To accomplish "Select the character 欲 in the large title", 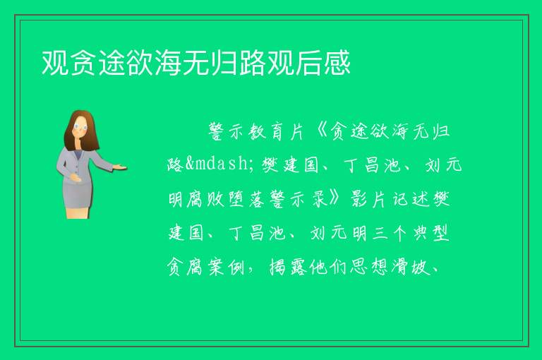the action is pyautogui.click(x=140, y=63).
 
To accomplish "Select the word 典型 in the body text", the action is pyautogui.click(x=431, y=233).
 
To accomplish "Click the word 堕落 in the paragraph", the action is pyautogui.click(x=246, y=199).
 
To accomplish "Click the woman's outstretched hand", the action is pyautogui.click(x=120, y=168).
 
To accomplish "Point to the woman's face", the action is pyautogui.click(x=81, y=127).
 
